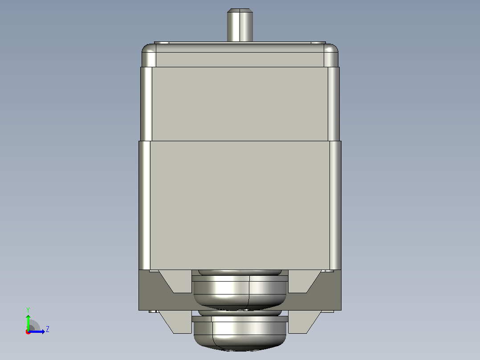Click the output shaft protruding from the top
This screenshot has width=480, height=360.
click(240, 25)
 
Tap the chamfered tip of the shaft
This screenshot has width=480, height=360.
click(240, 10)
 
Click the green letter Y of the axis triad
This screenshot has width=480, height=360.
click(28, 310)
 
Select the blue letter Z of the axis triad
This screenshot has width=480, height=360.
click(48, 329)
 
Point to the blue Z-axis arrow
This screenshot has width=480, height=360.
click(37, 331)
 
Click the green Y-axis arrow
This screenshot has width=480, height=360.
click(28, 323)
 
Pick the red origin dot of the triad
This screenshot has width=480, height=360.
click(28, 332)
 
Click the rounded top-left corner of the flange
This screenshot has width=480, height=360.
click(149, 55)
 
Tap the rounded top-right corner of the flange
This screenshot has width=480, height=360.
click(331, 55)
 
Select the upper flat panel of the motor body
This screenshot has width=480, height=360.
click(240, 104)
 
